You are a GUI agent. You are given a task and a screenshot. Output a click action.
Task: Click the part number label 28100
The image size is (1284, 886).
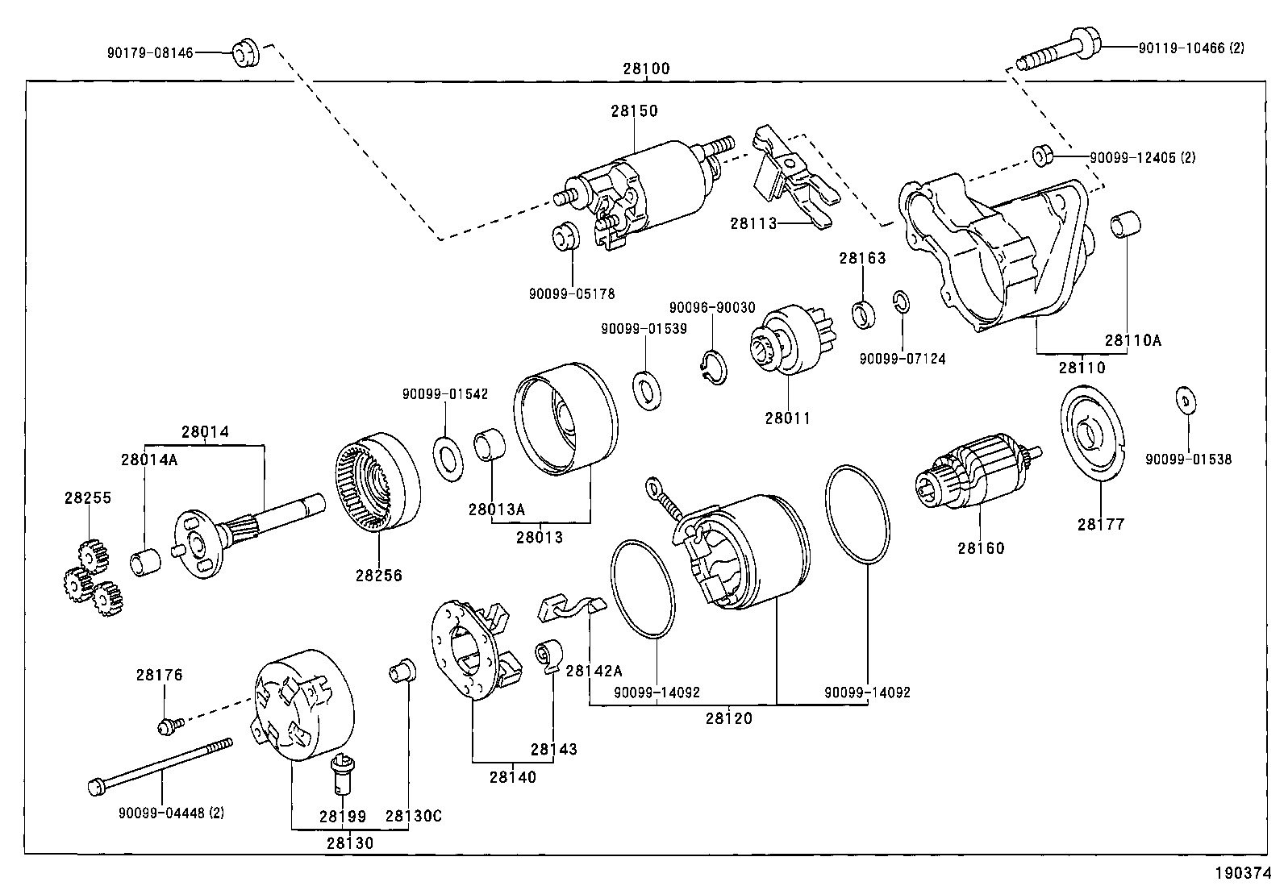(645, 69)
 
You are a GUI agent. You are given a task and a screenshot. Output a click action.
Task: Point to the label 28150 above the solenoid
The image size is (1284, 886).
(634, 110)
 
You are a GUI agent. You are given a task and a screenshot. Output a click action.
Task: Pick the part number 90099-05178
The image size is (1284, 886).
(571, 295)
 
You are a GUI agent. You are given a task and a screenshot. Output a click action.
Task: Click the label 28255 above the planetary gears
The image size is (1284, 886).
(88, 497)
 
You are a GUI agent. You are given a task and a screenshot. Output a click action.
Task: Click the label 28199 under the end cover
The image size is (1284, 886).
(342, 816)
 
